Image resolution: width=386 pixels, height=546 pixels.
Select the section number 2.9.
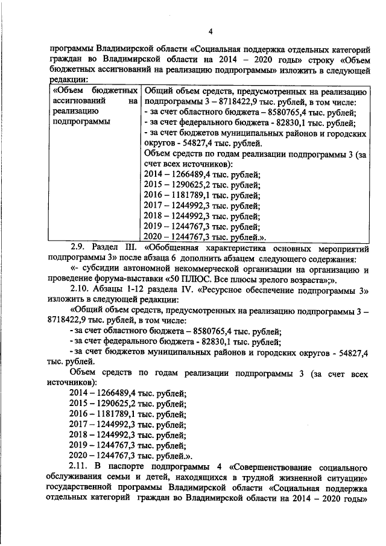(x=79, y=247)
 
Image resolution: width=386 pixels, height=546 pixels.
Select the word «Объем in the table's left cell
(x=68, y=92)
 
